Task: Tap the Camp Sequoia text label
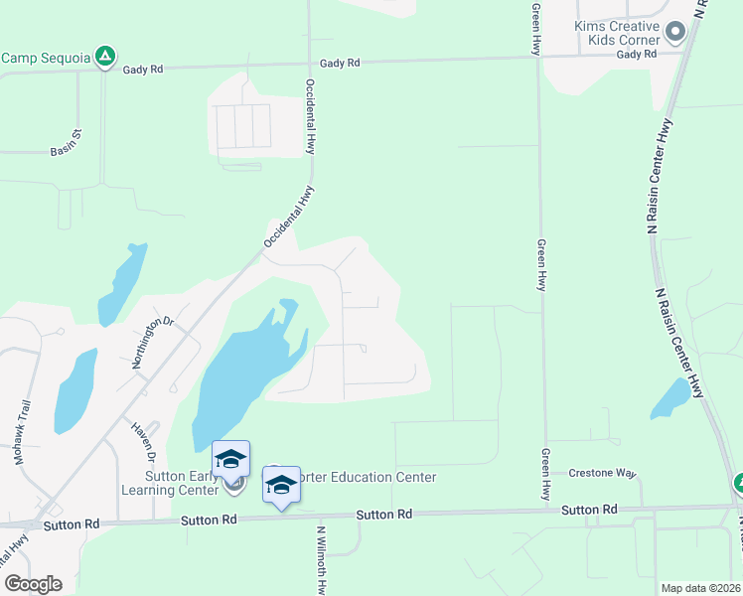(46, 58)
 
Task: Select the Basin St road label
(67, 151)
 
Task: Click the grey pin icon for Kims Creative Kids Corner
(676, 33)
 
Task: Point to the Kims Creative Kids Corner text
(617, 33)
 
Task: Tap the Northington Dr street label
(153, 342)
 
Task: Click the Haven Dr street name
(143, 442)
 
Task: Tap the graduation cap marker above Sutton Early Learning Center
(230, 458)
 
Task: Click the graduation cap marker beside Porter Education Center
(282, 484)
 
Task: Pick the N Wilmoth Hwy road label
(321, 561)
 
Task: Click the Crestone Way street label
(602, 473)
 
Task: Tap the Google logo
(33, 584)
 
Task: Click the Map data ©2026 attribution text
(700, 588)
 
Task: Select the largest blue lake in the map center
(238, 377)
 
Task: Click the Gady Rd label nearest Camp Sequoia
(142, 70)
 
